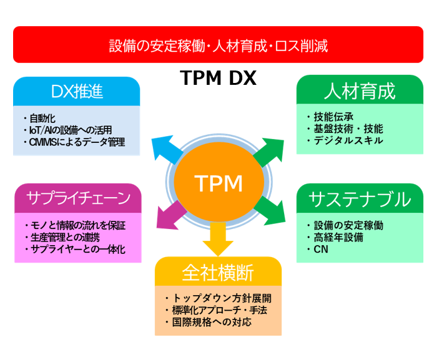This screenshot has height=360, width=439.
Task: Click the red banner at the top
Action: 218,45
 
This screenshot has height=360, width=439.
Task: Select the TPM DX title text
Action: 218,79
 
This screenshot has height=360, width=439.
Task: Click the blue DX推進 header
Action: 77,92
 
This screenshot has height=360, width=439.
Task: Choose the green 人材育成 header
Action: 360,91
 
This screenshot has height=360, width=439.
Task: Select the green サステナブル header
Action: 360,199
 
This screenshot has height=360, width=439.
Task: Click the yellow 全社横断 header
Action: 218,272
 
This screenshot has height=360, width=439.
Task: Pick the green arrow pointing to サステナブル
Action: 270,212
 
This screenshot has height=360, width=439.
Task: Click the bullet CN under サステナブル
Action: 321,250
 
